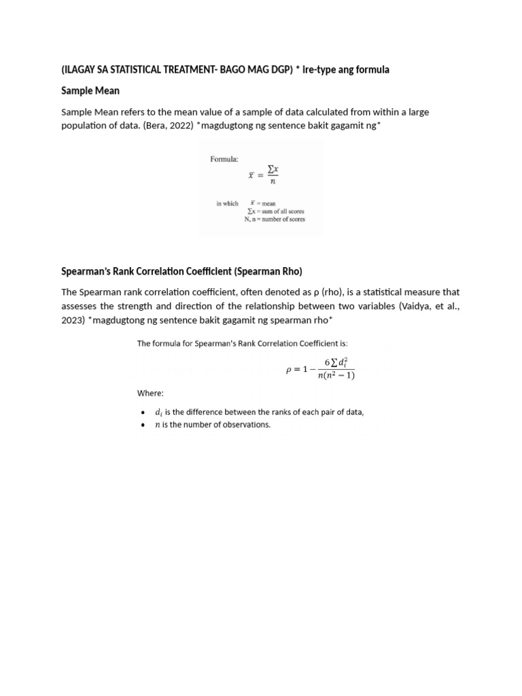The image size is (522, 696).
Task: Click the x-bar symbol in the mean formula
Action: pos(251,174)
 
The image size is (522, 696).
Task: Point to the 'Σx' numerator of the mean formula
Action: pos(272,167)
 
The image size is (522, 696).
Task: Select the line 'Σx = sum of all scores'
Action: pos(275,211)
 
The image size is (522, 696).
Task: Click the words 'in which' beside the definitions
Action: pos(227,203)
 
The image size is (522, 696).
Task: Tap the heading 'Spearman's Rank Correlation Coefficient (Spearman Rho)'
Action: pos(181,271)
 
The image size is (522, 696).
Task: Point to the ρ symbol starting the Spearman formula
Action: pos(288,370)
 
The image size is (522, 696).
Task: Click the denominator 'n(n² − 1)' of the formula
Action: pos(336,375)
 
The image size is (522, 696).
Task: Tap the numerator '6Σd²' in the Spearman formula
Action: pos(336,364)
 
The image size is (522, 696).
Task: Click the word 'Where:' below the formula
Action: pos(150,394)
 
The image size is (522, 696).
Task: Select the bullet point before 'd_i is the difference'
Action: pos(141,413)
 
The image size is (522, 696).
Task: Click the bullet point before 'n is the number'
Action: pos(141,425)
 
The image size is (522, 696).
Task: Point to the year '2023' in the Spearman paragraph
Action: pos(72,319)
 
